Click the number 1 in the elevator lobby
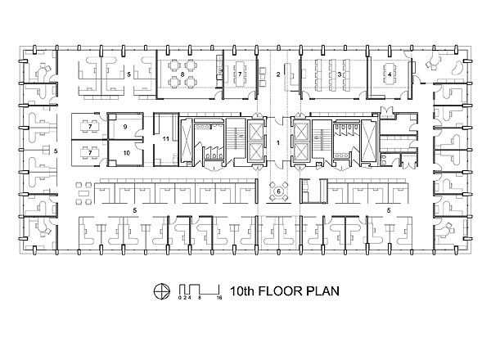click(277, 142)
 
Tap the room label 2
click(278, 74)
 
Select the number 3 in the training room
click(340, 74)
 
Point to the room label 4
click(390, 74)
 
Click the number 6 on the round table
click(277, 191)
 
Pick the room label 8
click(182, 74)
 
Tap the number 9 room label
click(125, 127)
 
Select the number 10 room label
click(127, 153)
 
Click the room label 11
click(166, 138)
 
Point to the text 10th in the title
click(242, 291)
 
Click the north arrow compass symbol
click(162, 291)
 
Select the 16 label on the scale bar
click(219, 298)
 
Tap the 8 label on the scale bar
click(200, 298)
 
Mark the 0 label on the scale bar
click(180, 298)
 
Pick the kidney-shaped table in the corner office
click(457, 69)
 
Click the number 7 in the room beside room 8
click(240, 74)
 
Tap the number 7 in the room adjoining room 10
click(90, 153)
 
